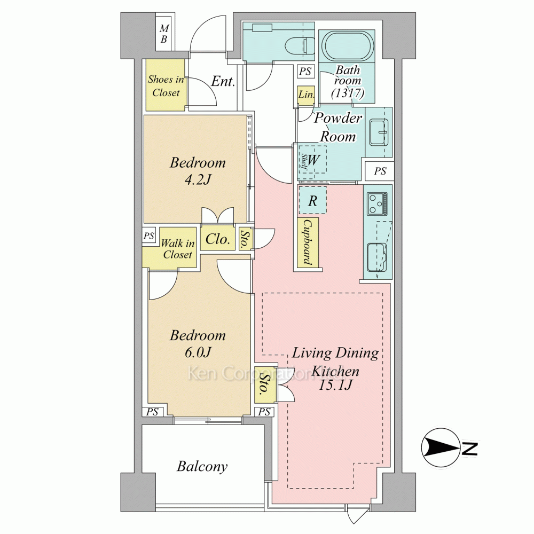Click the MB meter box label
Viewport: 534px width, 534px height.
pos(164,34)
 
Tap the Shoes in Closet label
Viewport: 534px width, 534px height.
pos(166,86)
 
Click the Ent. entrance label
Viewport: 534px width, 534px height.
pos(223,81)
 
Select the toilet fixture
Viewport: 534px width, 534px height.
pos(300,46)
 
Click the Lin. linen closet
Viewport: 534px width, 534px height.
pos(306,94)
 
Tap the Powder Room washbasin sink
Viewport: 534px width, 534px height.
pos(378,132)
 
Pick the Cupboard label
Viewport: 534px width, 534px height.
pos(308,242)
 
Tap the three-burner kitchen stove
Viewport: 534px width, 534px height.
pos(378,203)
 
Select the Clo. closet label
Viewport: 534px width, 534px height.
pos(218,239)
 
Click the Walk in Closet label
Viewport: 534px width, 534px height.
pos(178,249)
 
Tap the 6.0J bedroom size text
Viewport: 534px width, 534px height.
pos(198,352)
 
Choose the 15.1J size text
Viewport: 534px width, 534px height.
pos(335,385)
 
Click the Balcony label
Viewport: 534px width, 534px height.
pos(202,466)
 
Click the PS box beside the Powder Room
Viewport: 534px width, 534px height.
pos(380,171)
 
